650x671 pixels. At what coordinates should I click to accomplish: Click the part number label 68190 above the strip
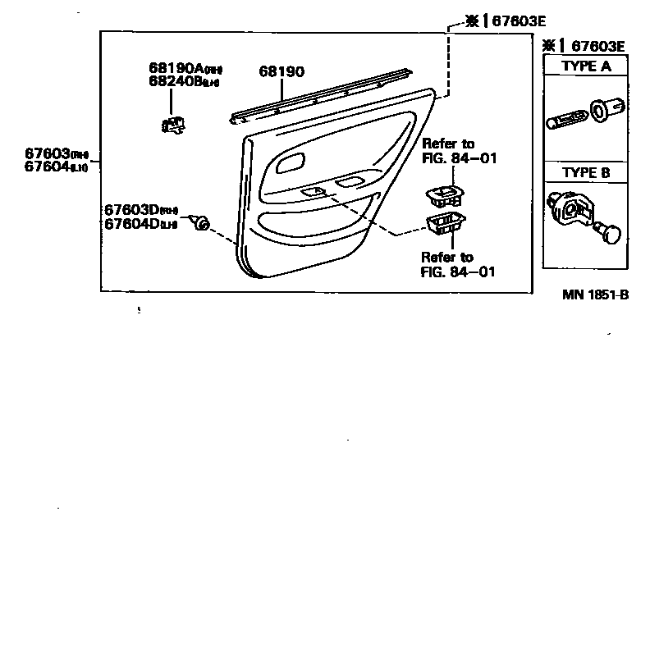pos(282,72)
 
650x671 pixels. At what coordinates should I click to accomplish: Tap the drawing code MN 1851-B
pos(595,295)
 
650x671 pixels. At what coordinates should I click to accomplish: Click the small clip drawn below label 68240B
pos(172,124)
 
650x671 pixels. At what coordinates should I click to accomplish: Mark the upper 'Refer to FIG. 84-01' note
pos(459,151)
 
